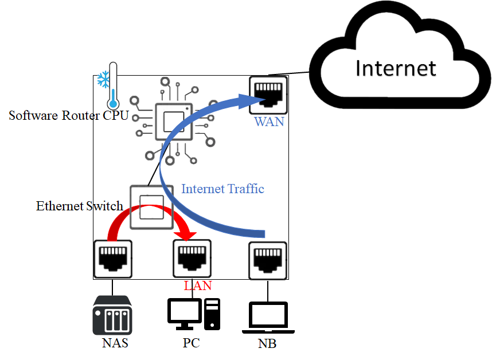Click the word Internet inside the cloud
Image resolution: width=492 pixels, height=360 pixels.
point(396,68)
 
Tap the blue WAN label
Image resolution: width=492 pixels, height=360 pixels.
point(269,122)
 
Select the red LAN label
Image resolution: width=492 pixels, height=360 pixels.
point(198,285)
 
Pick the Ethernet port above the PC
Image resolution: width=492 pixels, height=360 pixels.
point(192,259)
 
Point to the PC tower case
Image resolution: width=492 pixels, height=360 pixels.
point(212,314)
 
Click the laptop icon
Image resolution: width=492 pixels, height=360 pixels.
point(268,319)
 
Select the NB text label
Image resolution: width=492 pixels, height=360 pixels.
point(267,345)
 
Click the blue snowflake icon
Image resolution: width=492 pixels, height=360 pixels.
point(103,79)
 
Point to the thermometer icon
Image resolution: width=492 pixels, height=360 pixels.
point(113,86)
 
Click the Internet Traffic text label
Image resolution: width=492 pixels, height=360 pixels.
point(223,189)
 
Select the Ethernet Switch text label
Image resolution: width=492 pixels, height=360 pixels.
point(80,206)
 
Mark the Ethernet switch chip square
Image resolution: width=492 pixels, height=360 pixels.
point(151,206)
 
